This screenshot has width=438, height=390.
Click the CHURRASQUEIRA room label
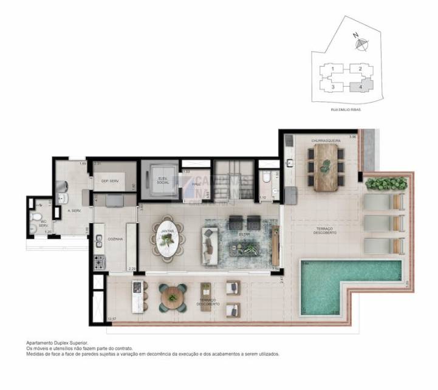326,140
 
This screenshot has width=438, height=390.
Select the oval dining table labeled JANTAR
167,238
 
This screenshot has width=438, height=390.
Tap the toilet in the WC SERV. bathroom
36,216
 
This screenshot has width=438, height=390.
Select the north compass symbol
360,43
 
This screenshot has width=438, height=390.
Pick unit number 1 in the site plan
333,69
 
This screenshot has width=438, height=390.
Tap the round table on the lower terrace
173,298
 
